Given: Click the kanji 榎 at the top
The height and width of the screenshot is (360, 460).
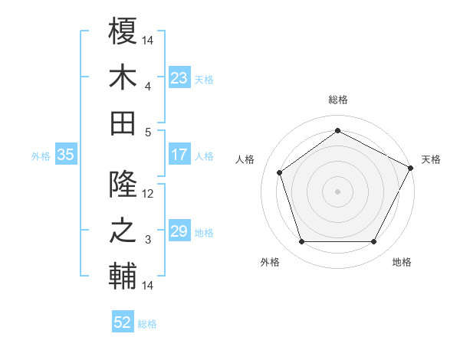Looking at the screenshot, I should click(123, 33).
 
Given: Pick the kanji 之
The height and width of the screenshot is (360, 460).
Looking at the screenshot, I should click(123, 231).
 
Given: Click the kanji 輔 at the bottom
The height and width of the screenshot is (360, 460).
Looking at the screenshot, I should click(123, 276).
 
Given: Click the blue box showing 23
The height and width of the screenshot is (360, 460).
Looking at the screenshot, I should click(179, 78).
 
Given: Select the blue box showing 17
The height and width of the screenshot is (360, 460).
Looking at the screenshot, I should click(179, 155).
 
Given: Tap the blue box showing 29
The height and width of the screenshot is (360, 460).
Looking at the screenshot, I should click(179, 231).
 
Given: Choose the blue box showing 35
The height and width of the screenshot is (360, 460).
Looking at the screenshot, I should click(65, 155).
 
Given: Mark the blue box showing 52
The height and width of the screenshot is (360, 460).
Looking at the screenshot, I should click(123, 322).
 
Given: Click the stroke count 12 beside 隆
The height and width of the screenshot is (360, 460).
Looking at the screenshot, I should click(149, 195).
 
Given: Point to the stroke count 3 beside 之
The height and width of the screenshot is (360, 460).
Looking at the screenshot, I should click(149, 240).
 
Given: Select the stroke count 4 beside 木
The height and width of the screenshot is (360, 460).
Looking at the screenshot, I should click(149, 86).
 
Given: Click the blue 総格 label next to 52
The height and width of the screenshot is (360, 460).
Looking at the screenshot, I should click(147, 324).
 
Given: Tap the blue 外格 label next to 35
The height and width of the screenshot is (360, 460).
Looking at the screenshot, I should click(41, 156).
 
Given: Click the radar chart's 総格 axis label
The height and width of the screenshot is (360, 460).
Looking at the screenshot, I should click(337, 100).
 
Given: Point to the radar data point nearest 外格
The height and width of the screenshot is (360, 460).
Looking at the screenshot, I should click(301, 242).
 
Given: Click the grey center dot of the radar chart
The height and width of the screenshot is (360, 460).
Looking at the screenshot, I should click(337, 191).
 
